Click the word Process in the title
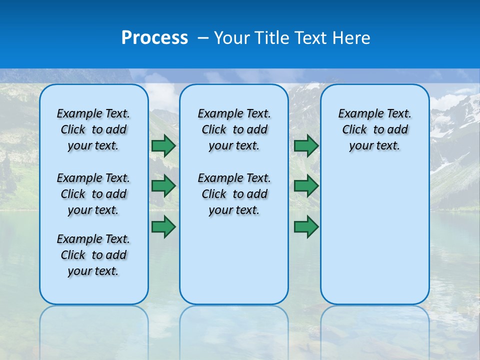point(154,38)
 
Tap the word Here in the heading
point(350,38)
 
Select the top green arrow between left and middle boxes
point(163,145)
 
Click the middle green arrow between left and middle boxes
point(163,186)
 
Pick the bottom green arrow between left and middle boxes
point(163,227)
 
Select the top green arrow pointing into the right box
point(306,145)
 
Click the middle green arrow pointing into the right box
point(306,186)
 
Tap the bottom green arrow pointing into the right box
point(306,227)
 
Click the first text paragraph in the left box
point(93,129)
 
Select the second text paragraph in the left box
point(93,194)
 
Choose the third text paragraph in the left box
point(93,255)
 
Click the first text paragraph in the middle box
point(234,129)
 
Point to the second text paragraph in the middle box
point(234,194)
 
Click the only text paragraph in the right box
point(374,129)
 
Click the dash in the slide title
point(203,38)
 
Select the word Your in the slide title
point(232,38)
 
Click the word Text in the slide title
point(311,38)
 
